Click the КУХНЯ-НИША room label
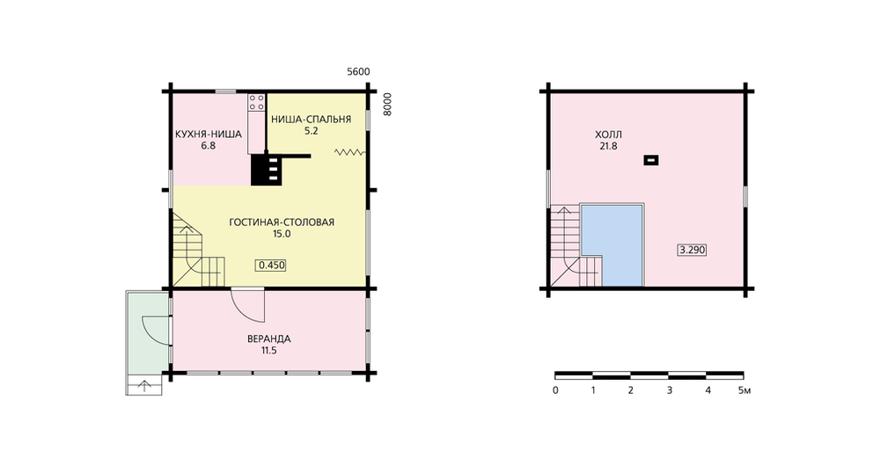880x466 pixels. (x=209, y=135)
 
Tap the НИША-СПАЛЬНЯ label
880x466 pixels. (x=311, y=120)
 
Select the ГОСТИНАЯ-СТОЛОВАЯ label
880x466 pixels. (x=282, y=222)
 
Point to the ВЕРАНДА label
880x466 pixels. (x=268, y=339)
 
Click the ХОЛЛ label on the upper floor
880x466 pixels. (x=608, y=135)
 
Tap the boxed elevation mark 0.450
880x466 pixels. (x=271, y=266)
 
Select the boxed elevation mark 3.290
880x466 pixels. (x=692, y=250)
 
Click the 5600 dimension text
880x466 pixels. (x=358, y=72)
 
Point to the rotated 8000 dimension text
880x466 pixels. (x=388, y=105)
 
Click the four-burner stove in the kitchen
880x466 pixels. (x=256, y=102)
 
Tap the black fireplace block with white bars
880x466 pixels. (x=266, y=170)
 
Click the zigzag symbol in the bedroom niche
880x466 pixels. (x=349, y=151)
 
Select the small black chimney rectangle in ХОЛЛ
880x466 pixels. (x=651, y=160)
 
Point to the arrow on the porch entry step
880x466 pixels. (x=145, y=385)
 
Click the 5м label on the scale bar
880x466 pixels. (x=744, y=390)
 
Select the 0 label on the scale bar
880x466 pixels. (x=555, y=390)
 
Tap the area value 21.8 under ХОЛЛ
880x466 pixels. (x=608, y=146)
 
